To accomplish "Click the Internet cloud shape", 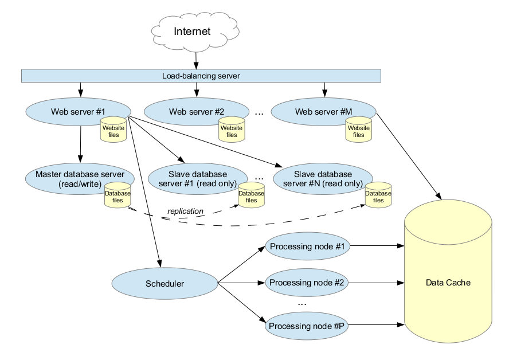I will pos(192,32).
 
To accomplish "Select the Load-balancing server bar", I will pos(201,76).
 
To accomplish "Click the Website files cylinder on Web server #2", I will pos(232,131).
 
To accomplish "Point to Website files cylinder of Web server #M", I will pos(358,131).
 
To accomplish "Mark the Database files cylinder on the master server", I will pos(118,197).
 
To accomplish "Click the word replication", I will pos(185,212).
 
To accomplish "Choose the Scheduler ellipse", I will pos(165,283).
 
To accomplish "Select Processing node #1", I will pos(307,247).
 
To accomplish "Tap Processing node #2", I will pos(307,283).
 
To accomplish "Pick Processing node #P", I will pos(307,326).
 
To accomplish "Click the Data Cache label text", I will pos(448,283).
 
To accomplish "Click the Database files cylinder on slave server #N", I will pos(378,197).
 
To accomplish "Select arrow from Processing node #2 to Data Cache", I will pos(375,283).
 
